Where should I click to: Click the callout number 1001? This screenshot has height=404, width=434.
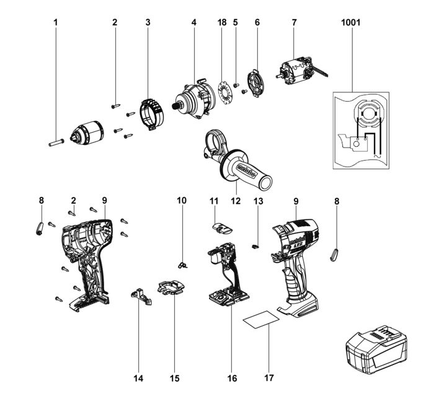(351, 22)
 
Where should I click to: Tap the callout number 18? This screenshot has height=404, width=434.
(222, 22)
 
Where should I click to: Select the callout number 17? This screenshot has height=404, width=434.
(268, 377)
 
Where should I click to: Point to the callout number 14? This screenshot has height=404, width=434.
(138, 377)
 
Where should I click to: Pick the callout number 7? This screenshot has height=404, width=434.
(294, 22)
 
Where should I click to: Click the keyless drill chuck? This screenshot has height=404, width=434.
(85, 133)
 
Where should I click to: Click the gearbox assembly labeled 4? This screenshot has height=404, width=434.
(194, 99)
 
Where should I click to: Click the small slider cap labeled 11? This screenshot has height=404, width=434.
(222, 227)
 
